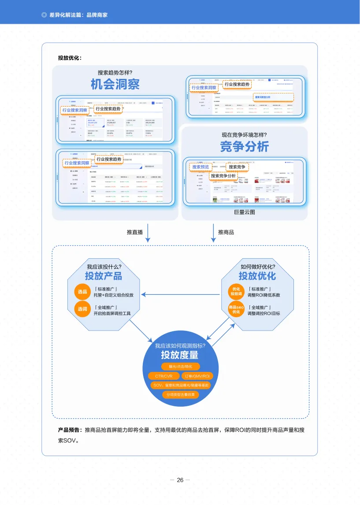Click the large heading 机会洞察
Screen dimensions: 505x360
(115, 84)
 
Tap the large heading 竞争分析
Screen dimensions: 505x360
(244, 146)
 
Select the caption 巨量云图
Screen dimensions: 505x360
(245, 213)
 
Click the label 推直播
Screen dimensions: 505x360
(135, 232)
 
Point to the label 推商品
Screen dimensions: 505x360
(226, 232)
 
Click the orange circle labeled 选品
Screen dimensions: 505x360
(82, 292)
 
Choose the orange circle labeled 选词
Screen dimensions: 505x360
(82, 309)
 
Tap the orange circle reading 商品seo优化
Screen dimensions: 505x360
(236, 309)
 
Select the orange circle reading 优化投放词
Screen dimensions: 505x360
(236, 292)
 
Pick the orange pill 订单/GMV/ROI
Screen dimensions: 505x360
(197, 376)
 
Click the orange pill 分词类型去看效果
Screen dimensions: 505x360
(180, 395)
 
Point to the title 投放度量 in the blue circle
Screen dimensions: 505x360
(180, 355)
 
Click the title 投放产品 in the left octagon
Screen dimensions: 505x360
(104, 276)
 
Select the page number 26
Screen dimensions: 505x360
(180, 480)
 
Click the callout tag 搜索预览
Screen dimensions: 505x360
(201, 167)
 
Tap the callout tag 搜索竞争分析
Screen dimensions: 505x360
(223, 176)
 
